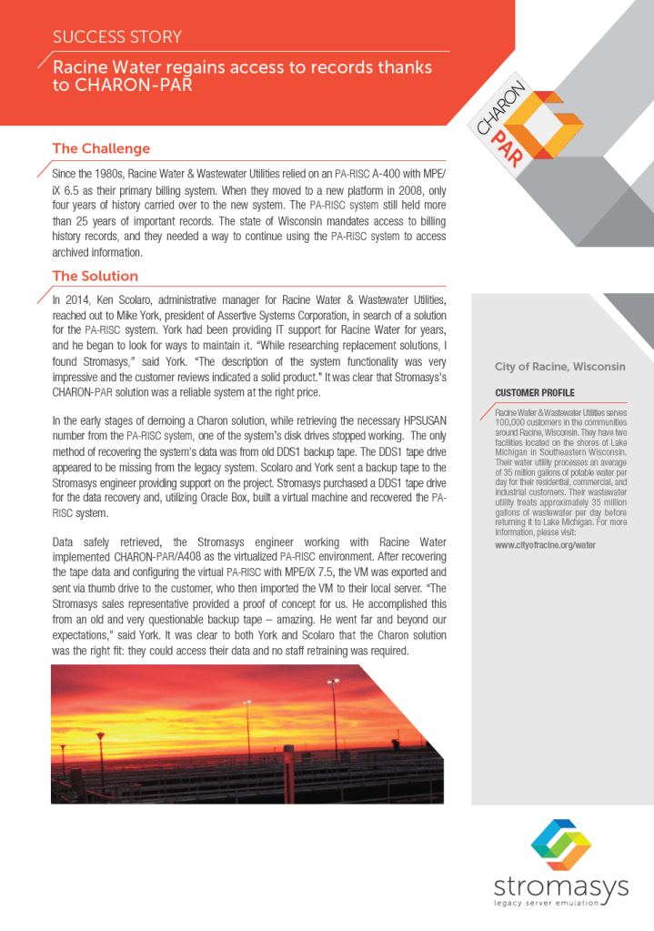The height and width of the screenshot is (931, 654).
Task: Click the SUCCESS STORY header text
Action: click(x=117, y=37)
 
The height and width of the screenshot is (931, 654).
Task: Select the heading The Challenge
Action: click(x=101, y=148)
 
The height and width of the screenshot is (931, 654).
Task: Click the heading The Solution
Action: click(x=96, y=276)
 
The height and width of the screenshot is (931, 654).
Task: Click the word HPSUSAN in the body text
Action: click(x=418, y=421)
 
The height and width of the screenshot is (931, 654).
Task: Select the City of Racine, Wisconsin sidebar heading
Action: click(x=559, y=366)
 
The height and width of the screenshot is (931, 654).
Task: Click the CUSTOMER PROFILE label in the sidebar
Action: click(x=535, y=392)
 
